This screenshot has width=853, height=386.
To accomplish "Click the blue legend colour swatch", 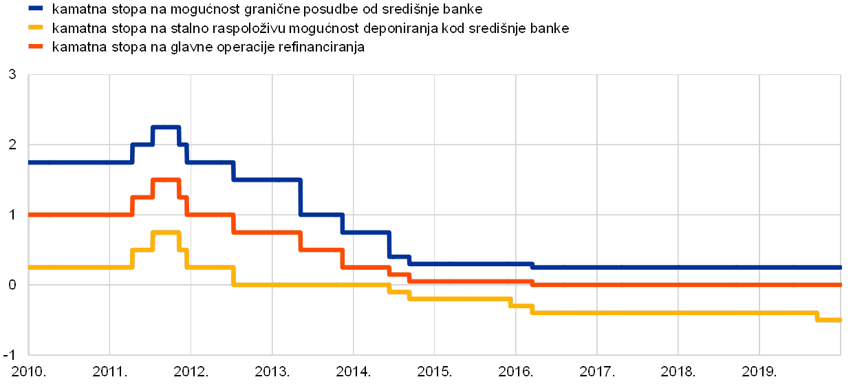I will click(x=36, y=10).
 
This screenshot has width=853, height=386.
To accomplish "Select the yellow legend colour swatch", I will click(x=36, y=28).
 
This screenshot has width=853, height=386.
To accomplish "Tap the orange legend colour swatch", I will click(x=36, y=47).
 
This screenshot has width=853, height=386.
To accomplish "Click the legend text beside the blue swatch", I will click(x=268, y=10).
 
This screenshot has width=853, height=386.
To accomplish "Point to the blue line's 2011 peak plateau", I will click(x=166, y=127).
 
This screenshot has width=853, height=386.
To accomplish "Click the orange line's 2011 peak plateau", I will click(x=166, y=180).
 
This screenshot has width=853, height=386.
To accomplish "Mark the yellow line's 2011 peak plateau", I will click(x=166, y=233).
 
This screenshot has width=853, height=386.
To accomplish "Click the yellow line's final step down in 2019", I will click(x=817, y=317).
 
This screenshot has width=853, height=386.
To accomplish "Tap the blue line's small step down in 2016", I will click(x=532, y=265).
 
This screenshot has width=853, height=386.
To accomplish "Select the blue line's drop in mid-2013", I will click(x=301, y=197).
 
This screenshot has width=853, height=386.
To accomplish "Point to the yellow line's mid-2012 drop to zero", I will click(x=234, y=276).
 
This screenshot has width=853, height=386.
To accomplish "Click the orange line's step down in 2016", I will click(x=532, y=282).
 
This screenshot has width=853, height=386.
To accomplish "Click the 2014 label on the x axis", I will click(x=353, y=372).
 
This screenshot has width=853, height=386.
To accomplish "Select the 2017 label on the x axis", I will click(x=596, y=372).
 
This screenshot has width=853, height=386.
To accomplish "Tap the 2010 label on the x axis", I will click(x=28, y=372).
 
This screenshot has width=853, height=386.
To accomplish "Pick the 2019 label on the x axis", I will click(x=759, y=372).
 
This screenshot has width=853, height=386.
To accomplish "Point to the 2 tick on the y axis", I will click(x=12, y=144).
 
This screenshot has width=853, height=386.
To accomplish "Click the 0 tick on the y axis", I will click(x=12, y=284).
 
